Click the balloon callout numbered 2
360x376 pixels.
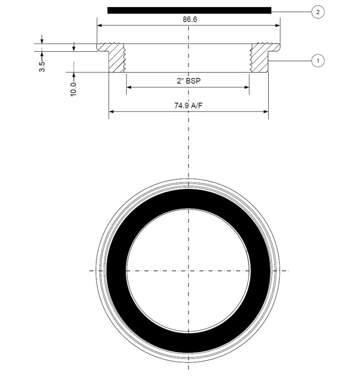click(318, 12)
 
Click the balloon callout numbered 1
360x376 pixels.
click(318, 60)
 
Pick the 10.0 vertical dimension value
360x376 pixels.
click(74, 88)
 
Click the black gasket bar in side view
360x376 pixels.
click(189, 10)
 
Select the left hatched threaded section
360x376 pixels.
click(116, 57)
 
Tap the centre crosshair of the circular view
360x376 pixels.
click(188, 271)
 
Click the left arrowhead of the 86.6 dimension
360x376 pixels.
click(100, 26)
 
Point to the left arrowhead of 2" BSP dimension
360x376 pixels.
click(129, 87)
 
